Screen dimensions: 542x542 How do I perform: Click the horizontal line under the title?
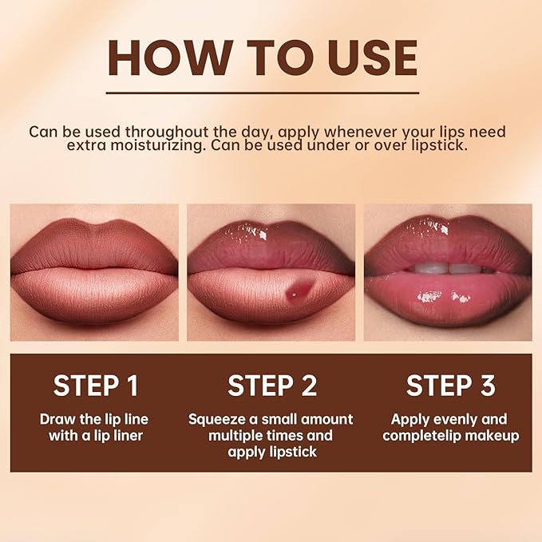coord(263,93)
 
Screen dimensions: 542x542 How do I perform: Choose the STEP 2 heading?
coord(271,386)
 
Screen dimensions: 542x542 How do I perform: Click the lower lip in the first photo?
coord(94,295)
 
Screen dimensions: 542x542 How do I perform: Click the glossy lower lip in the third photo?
coord(447,299)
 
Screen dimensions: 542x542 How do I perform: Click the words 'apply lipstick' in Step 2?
coord(271,453)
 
